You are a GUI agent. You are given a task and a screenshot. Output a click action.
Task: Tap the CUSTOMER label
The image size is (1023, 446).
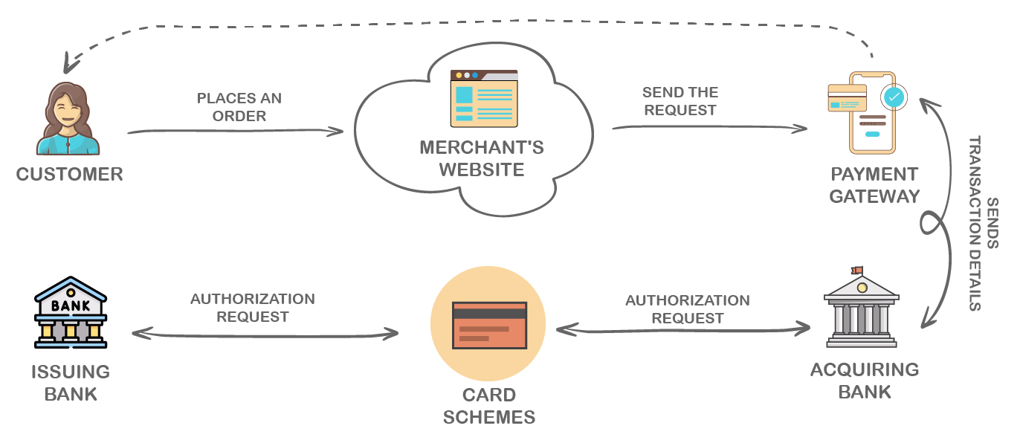point(69,175)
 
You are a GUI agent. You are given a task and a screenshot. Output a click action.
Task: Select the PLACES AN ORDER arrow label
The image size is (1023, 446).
point(239,107)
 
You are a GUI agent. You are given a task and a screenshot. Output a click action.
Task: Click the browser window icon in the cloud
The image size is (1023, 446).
point(484,98)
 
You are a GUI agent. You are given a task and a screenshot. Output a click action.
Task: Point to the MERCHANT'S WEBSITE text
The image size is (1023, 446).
point(482,158)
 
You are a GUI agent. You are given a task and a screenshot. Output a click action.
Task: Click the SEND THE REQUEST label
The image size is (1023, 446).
point(680,101)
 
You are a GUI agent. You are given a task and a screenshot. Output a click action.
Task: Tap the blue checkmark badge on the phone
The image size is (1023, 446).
point(894,96)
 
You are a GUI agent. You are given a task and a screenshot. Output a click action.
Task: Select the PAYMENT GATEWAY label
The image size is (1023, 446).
point(874,185)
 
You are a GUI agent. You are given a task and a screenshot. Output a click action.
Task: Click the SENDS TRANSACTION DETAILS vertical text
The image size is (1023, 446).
point(983,223)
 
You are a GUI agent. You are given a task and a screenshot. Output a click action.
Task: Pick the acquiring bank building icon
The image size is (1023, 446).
point(862,311)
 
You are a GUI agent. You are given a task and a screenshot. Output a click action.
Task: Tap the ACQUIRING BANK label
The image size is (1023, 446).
point(865,381)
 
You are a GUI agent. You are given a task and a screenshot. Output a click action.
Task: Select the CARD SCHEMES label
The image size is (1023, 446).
point(489,406)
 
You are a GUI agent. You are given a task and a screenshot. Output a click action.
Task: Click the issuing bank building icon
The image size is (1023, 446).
point(71,313)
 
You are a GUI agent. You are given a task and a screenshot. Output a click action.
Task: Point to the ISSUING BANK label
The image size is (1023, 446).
point(71,382)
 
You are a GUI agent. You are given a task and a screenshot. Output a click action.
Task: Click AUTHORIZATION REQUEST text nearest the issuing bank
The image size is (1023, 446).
point(253,308)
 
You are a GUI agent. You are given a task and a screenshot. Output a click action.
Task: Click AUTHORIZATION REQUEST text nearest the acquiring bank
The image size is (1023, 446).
point(687,309)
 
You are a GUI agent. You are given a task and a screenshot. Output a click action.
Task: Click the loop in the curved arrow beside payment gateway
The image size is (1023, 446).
point(931,222)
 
